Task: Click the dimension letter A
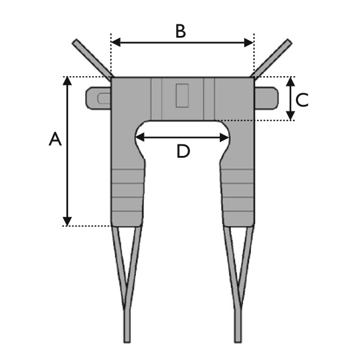coord(55,139)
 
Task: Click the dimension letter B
coord(180,31)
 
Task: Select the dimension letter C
coord(302,100)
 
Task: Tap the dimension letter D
coord(183,151)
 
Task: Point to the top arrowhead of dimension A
coord(67,81)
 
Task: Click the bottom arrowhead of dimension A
coord(67,221)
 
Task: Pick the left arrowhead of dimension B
coord(116,43)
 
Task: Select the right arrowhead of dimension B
coord(249,43)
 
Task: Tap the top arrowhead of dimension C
coord(291,81)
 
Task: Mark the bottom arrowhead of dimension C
coord(291,116)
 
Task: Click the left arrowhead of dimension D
coord(140,137)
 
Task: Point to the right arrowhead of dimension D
coord(224,137)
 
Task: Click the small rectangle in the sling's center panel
coord(182,96)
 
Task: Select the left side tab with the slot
coord(98,98)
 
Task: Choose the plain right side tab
coord(266,98)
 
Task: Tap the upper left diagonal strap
coord(93,60)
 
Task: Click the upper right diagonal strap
coord(272,58)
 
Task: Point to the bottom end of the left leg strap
coord(127,342)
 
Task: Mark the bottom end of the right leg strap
coord(238,342)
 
